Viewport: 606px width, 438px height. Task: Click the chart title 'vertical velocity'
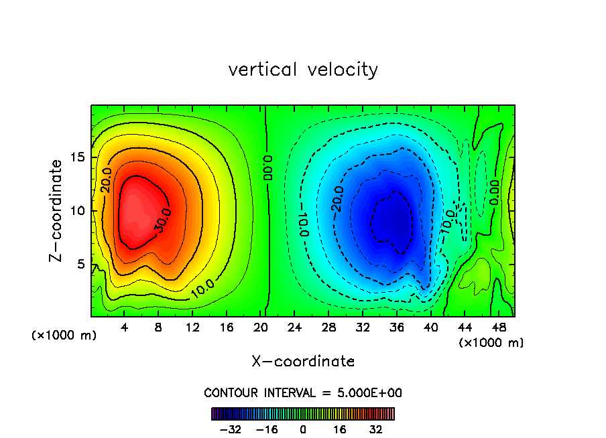(303, 70)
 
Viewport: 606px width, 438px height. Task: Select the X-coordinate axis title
(303, 362)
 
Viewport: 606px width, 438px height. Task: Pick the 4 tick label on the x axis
(125, 327)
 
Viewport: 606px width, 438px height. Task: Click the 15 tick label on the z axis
(79, 158)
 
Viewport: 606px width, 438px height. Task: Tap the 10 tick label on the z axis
(79, 211)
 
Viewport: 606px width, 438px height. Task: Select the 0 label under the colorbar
(303, 429)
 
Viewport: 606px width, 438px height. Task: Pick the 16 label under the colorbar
(341, 429)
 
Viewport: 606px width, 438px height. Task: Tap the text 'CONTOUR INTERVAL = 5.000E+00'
(303, 392)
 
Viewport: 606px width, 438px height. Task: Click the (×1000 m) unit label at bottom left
(64, 336)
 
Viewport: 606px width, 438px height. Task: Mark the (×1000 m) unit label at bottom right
(491, 343)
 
